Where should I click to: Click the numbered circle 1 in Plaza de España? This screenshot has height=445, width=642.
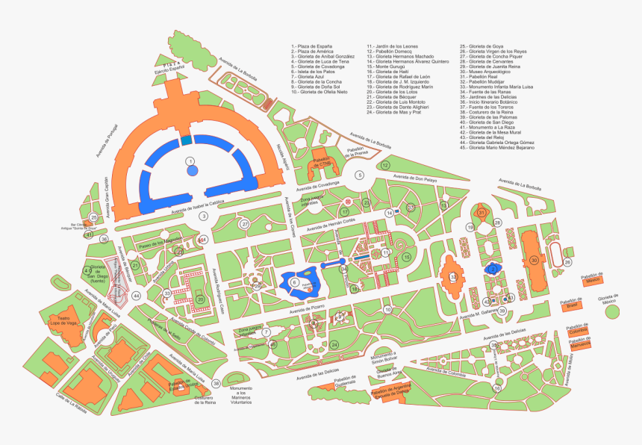tap(191, 161)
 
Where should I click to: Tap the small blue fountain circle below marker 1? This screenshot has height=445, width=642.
tap(193, 171)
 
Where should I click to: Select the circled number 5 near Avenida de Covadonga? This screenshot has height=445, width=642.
tap(359, 175)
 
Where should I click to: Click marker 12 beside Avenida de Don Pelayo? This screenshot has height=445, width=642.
tap(385, 165)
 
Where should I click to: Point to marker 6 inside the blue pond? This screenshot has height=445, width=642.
tap(294, 282)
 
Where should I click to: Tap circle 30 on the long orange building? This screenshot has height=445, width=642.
tap(534, 260)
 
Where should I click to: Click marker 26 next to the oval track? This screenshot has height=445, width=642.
tap(567, 262)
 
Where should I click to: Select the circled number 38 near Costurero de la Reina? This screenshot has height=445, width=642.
tap(216, 384)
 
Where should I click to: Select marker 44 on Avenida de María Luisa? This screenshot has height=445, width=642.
tap(136, 296)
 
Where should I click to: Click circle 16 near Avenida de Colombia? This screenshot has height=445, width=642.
tap(496, 388)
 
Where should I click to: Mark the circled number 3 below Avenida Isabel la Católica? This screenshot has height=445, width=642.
tap(202, 217)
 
